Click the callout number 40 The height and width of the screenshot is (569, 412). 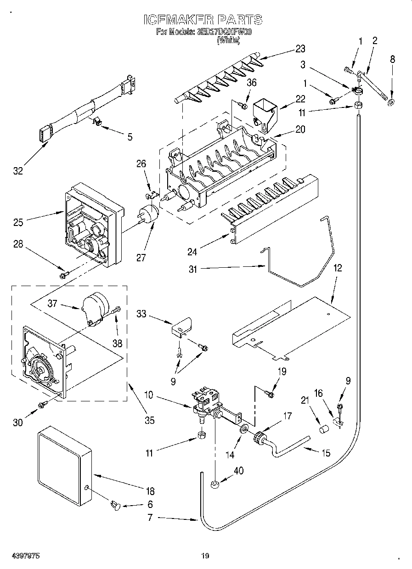238,471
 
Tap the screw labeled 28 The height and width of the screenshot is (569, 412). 64,275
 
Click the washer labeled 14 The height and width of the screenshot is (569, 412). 243,429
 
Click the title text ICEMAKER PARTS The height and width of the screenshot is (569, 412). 203,20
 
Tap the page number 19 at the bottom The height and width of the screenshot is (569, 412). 205,556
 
